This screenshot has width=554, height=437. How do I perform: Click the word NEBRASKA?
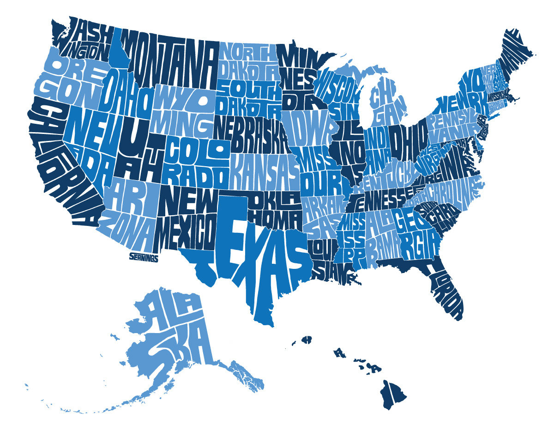(x=249, y=132)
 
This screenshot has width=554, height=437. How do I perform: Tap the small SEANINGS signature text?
(x=144, y=258)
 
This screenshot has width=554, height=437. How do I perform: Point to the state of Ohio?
(x=406, y=139)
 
